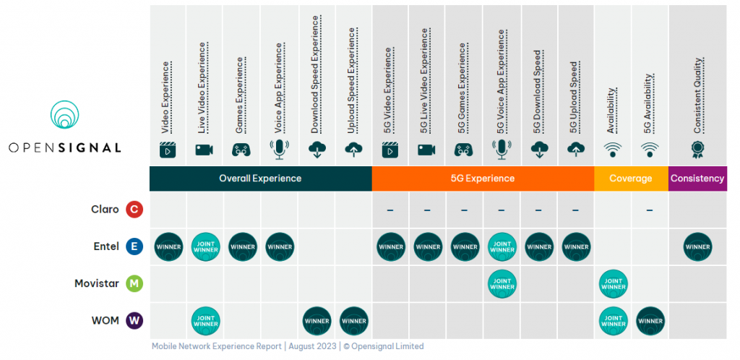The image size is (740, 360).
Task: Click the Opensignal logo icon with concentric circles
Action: point(64,115)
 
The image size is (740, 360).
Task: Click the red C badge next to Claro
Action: point(134,210)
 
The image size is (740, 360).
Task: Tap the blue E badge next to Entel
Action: point(134,247)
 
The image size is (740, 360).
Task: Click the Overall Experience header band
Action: point(260,179)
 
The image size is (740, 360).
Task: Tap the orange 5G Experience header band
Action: point(483,179)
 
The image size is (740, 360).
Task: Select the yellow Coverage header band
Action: point(631,179)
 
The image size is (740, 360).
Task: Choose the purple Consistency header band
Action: point(697,179)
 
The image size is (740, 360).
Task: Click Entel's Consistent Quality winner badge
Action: point(697,247)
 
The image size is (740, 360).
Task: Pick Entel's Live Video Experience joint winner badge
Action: point(205,247)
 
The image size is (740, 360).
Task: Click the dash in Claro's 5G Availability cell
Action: point(650,210)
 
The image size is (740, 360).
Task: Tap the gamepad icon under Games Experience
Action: point(242,150)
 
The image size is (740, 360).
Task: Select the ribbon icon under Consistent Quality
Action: point(697,149)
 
